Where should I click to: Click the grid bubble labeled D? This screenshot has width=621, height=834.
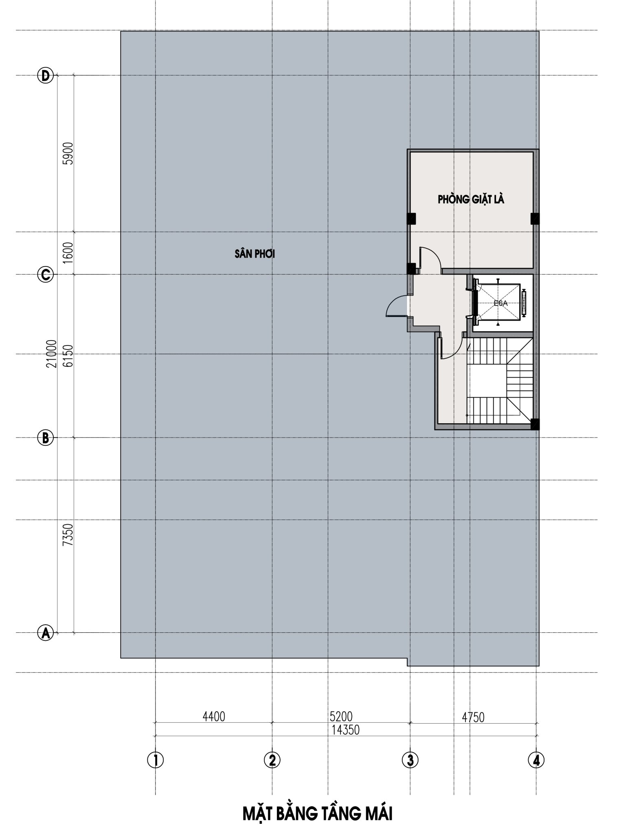[46, 75]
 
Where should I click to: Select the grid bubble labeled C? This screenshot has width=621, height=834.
[46, 274]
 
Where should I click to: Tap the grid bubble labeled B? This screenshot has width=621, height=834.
[46, 438]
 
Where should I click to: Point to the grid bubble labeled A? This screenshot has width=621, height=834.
[46, 633]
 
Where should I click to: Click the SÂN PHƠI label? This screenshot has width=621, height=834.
[255, 254]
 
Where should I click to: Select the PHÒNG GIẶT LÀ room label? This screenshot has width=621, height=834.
[471, 200]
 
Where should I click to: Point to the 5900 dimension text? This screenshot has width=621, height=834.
[68, 153]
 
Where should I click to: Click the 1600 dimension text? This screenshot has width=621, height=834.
[68, 253]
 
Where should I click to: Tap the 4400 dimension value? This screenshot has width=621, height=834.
[213, 716]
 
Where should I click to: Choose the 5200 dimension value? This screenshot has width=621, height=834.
[341, 716]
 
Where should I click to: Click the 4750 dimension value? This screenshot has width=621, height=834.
[473, 717]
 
